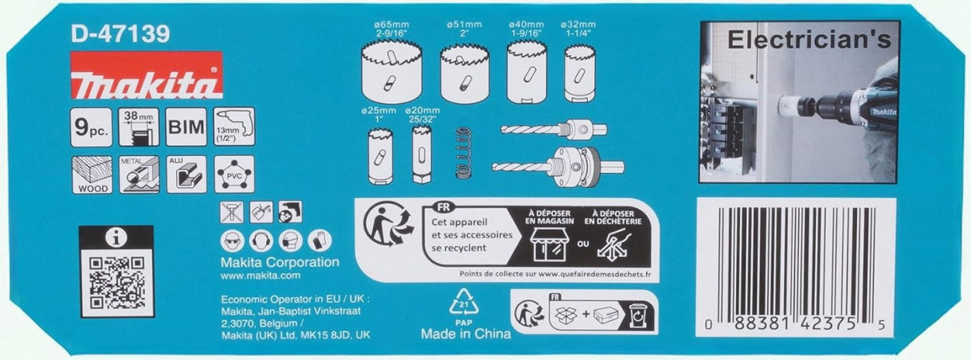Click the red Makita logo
tap(146, 76)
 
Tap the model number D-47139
tap(119, 34)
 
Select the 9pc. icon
tap(91, 127)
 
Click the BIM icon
tap(186, 127)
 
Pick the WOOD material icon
tap(91, 174)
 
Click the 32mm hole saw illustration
tap(580, 72)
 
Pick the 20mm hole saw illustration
tap(421, 152)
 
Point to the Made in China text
tap(466, 334)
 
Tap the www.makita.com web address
tap(259, 276)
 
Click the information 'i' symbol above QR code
tap(116, 237)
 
